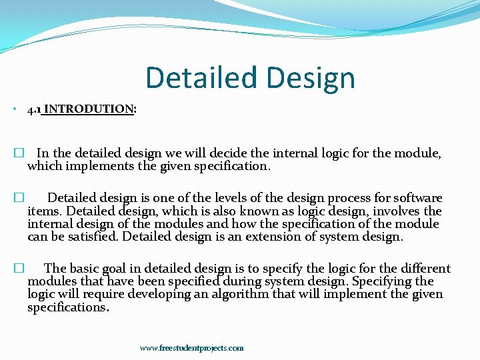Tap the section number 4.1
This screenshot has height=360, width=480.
[x=34, y=109]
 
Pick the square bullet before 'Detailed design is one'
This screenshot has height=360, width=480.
[x=19, y=198]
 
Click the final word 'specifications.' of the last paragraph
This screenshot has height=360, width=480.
[x=68, y=307]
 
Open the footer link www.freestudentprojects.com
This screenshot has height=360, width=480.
[x=191, y=348]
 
